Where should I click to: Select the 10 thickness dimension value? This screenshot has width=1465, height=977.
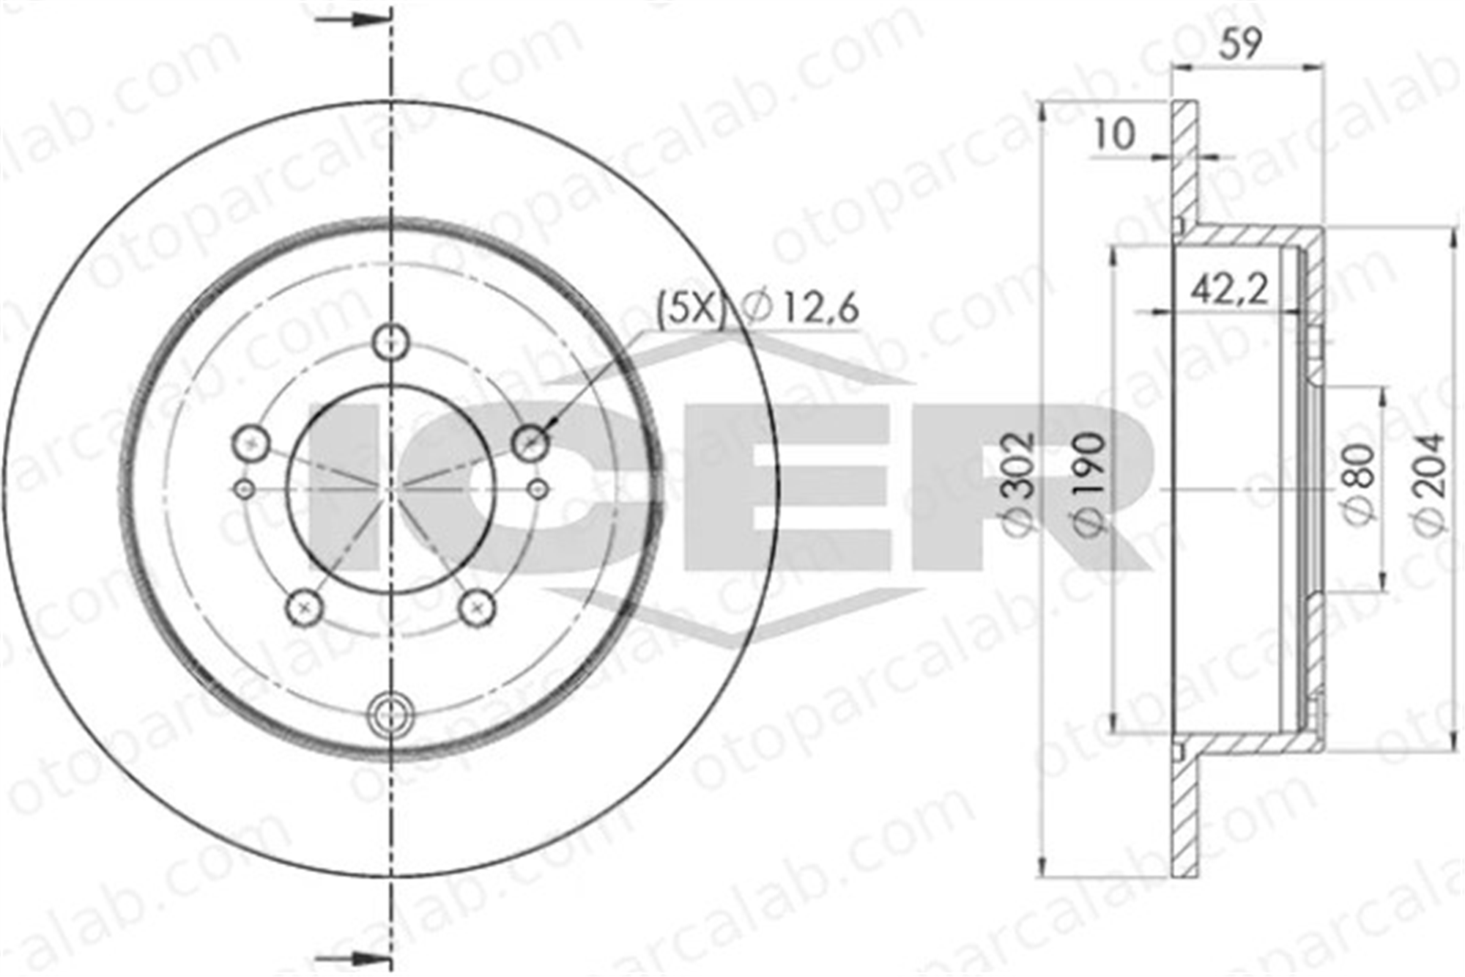pyautogui.click(x=1113, y=134)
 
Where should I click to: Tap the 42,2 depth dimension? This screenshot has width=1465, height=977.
pyautogui.click(x=1228, y=290)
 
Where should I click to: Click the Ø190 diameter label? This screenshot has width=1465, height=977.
pyautogui.click(x=1087, y=484)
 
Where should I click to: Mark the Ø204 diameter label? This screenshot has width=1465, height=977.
pyautogui.click(x=1429, y=484)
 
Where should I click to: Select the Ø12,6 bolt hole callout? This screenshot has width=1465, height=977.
pyautogui.click(x=800, y=308)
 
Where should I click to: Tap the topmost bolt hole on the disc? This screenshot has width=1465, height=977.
pyautogui.click(x=390, y=342)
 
